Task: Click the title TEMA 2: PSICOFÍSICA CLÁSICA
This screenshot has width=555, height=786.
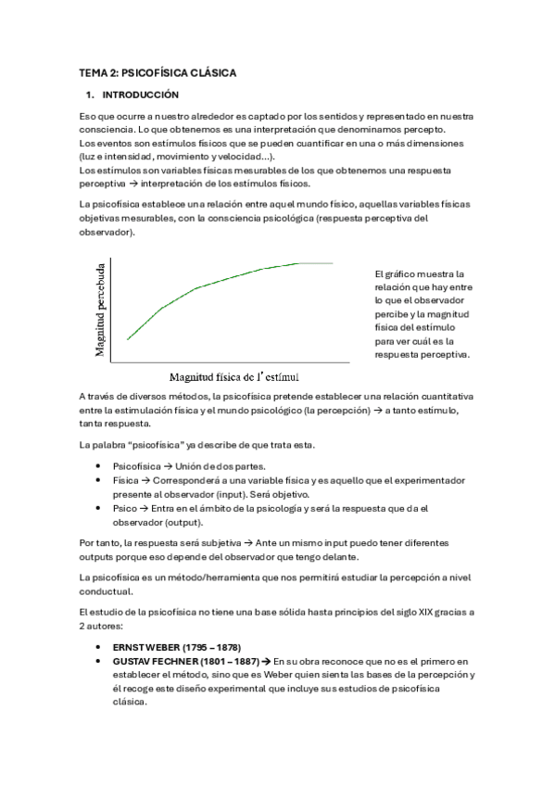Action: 158,72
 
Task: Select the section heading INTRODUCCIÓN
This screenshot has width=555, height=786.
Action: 140,95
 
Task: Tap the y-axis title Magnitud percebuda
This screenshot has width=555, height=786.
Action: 100,310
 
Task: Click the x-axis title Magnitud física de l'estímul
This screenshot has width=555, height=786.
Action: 233,377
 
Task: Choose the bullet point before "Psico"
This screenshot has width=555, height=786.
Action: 99,509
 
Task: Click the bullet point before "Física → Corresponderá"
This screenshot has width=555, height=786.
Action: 99,481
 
